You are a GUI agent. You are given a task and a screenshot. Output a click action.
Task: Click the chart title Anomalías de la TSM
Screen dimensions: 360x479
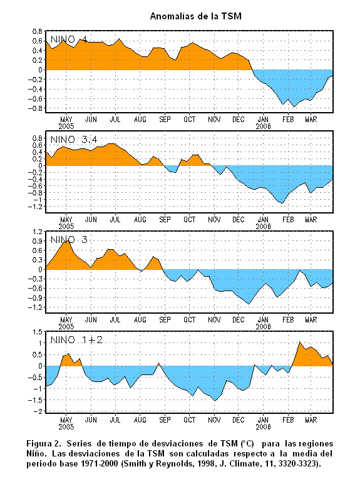tap(196, 16)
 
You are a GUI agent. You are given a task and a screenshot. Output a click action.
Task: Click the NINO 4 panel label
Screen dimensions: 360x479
tap(69, 39)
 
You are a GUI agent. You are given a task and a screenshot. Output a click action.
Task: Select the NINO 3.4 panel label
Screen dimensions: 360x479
tap(74, 140)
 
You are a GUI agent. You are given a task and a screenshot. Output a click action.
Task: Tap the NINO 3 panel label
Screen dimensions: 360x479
tap(69, 240)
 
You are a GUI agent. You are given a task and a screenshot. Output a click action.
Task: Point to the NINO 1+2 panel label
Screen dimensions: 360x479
tap(76, 340)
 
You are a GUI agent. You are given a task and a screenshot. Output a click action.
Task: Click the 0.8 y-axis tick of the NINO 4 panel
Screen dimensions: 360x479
tap(37, 31)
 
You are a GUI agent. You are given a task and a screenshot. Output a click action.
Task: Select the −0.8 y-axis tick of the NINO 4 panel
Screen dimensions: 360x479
tap(35, 108)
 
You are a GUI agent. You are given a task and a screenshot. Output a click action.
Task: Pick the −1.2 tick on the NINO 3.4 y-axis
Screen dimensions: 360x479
tap(35, 207)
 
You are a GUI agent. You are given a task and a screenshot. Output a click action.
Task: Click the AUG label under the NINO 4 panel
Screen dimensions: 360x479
tap(140, 120)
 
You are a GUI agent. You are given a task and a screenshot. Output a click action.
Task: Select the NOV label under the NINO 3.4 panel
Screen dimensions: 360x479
tap(214, 220)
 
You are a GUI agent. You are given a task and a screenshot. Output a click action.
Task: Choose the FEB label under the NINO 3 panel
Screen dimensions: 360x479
tap(288, 320)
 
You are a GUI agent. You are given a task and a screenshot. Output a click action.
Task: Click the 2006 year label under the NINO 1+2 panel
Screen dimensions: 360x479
tap(263, 427)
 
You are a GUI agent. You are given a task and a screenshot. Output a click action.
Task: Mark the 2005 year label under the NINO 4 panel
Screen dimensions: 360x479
tap(66, 126)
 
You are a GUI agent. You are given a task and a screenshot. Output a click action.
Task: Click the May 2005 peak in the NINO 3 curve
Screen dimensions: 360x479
tap(68, 240)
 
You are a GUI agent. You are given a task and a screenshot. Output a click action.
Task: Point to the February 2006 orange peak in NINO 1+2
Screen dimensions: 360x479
tap(299, 341)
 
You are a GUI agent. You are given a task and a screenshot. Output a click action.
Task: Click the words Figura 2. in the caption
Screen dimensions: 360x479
tap(44, 443)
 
